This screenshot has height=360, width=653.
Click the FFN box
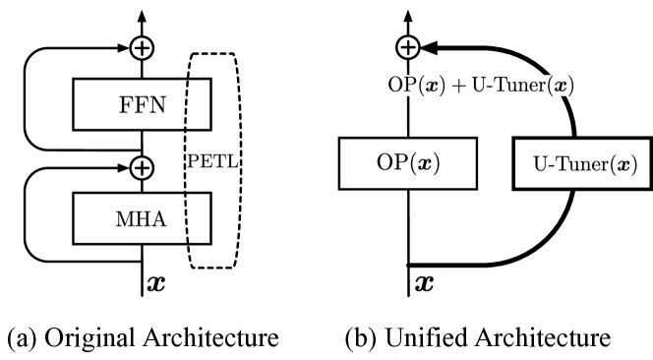(143, 98)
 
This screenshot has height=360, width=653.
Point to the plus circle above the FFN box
(143, 46)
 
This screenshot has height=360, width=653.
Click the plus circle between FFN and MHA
(143, 167)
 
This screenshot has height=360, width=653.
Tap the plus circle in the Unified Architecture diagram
(408, 46)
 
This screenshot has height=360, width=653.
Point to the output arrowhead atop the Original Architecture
(143, 14)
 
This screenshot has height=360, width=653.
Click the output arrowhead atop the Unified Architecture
(408, 14)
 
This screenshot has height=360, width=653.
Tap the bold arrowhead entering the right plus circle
(430, 46)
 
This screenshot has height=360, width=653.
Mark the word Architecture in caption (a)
(207, 337)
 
